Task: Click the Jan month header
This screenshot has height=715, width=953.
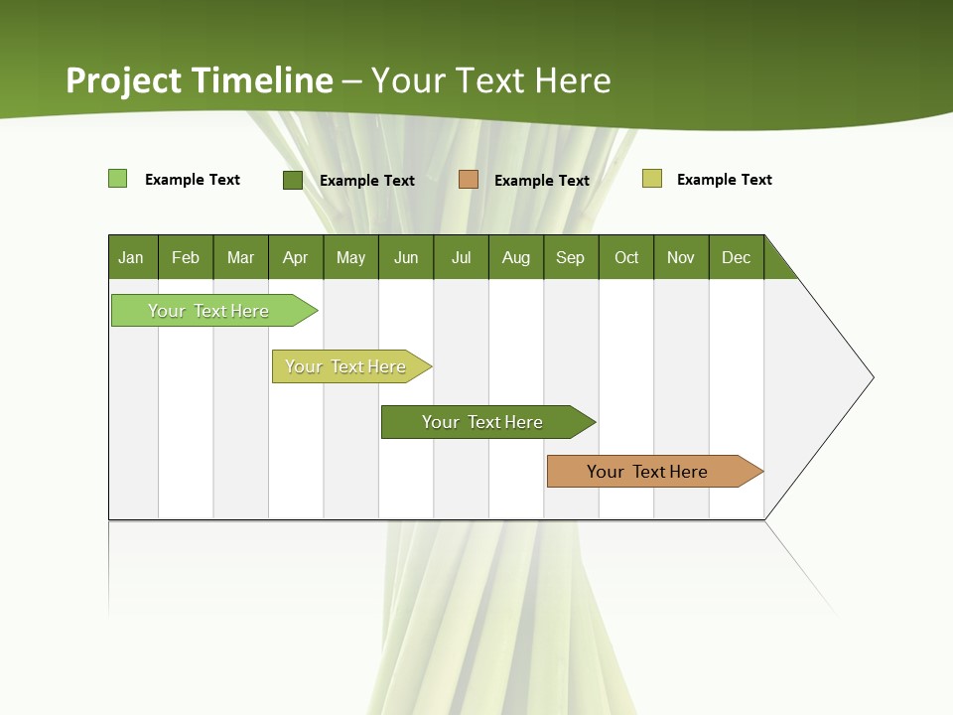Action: click(132, 257)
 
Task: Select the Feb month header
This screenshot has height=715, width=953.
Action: click(186, 257)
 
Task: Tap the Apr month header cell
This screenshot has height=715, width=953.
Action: click(296, 257)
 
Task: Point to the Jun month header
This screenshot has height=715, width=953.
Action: click(406, 257)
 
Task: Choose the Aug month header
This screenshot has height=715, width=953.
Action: click(516, 257)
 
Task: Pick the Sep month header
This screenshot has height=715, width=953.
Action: click(571, 257)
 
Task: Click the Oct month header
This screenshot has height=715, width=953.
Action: click(626, 257)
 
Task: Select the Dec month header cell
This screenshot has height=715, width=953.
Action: click(737, 257)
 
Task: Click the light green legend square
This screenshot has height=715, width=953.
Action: click(118, 179)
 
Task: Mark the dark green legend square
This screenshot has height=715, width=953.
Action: click(293, 180)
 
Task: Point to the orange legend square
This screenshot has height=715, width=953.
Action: click(469, 180)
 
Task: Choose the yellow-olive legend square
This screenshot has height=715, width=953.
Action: click(652, 179)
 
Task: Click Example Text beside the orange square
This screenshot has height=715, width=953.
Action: click(542, 180)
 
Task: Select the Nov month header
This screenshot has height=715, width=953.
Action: click(681, 257)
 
